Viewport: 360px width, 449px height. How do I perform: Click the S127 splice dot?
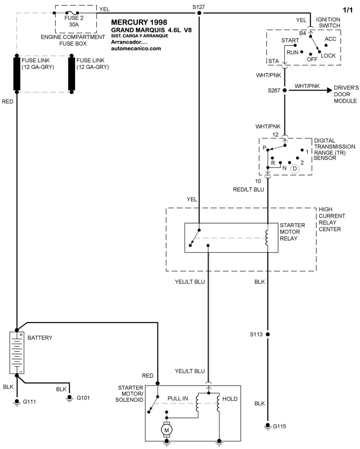[199, 13]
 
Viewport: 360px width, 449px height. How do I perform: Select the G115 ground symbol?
[268, 426]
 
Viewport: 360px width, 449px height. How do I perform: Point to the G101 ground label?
[84, 398]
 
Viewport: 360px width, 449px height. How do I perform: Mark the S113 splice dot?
[268, 335]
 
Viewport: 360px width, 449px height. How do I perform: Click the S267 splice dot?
[284, 90]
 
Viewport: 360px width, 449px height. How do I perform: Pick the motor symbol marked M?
[167, 431]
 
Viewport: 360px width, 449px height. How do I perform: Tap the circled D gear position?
[295, 169]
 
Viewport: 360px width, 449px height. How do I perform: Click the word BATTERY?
[40, 337]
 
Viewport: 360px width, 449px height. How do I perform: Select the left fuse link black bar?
[17, 73]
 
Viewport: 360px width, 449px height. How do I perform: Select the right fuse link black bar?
[72, 73]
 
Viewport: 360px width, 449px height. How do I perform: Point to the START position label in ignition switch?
[290, 40]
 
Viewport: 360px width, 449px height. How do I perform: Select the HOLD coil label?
[229, 399]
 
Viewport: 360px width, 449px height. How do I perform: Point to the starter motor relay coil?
[267, 238]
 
